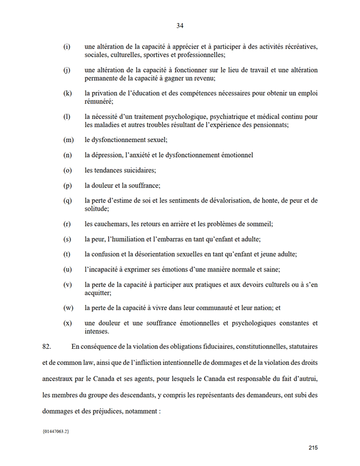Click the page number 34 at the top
[180, 25]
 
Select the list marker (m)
[68, 140]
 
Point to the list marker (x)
[68, 323]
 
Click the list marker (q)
[68, 200]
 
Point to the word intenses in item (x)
[97, 331]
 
